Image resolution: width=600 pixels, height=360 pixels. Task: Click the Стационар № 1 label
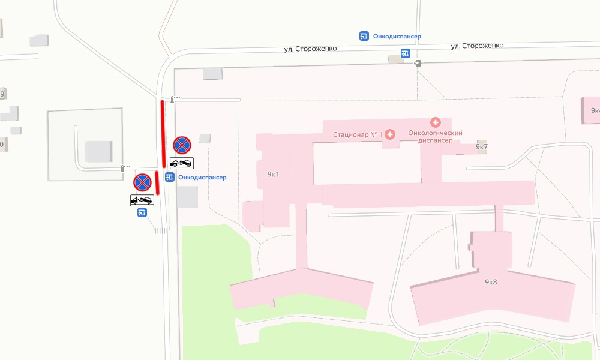[x=358, y=134]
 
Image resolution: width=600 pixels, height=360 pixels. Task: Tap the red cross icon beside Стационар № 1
[x=390, y=134]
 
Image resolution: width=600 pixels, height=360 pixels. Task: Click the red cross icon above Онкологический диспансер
[x=436, y=122]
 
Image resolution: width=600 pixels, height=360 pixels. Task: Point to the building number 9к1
[x=274, y=175]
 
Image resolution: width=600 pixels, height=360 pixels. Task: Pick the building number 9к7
[x=482, y=146]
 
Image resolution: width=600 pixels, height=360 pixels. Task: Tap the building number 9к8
[x=491, y=281]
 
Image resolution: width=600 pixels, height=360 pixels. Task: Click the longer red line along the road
[x=163, y=134]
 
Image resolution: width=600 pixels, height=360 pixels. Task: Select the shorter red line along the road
[x=157, y=182]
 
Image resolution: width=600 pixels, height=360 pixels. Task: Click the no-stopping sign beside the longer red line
[x=182, y=145]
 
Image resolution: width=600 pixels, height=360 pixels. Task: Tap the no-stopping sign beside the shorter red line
[x=142, y=182]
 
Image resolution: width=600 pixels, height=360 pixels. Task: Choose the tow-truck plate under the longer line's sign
[x=182, y=163]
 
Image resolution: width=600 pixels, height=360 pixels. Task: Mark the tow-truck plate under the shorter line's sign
[x=142, y=200]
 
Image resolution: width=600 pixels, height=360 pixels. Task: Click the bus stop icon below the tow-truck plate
[x=142, y=212]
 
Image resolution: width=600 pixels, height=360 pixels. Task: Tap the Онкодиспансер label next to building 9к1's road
[x=202, y=178]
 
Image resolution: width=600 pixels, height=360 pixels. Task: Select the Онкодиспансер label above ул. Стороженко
[x=397, y=37]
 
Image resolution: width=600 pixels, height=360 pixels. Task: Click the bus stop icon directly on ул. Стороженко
[x=406, y=54]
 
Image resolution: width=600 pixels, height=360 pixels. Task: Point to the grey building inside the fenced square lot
[x=98, y=151]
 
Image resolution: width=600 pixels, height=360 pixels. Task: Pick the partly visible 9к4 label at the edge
[x=595, y=110]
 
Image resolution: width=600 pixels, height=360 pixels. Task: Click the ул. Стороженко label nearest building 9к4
[x=477, y=46]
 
